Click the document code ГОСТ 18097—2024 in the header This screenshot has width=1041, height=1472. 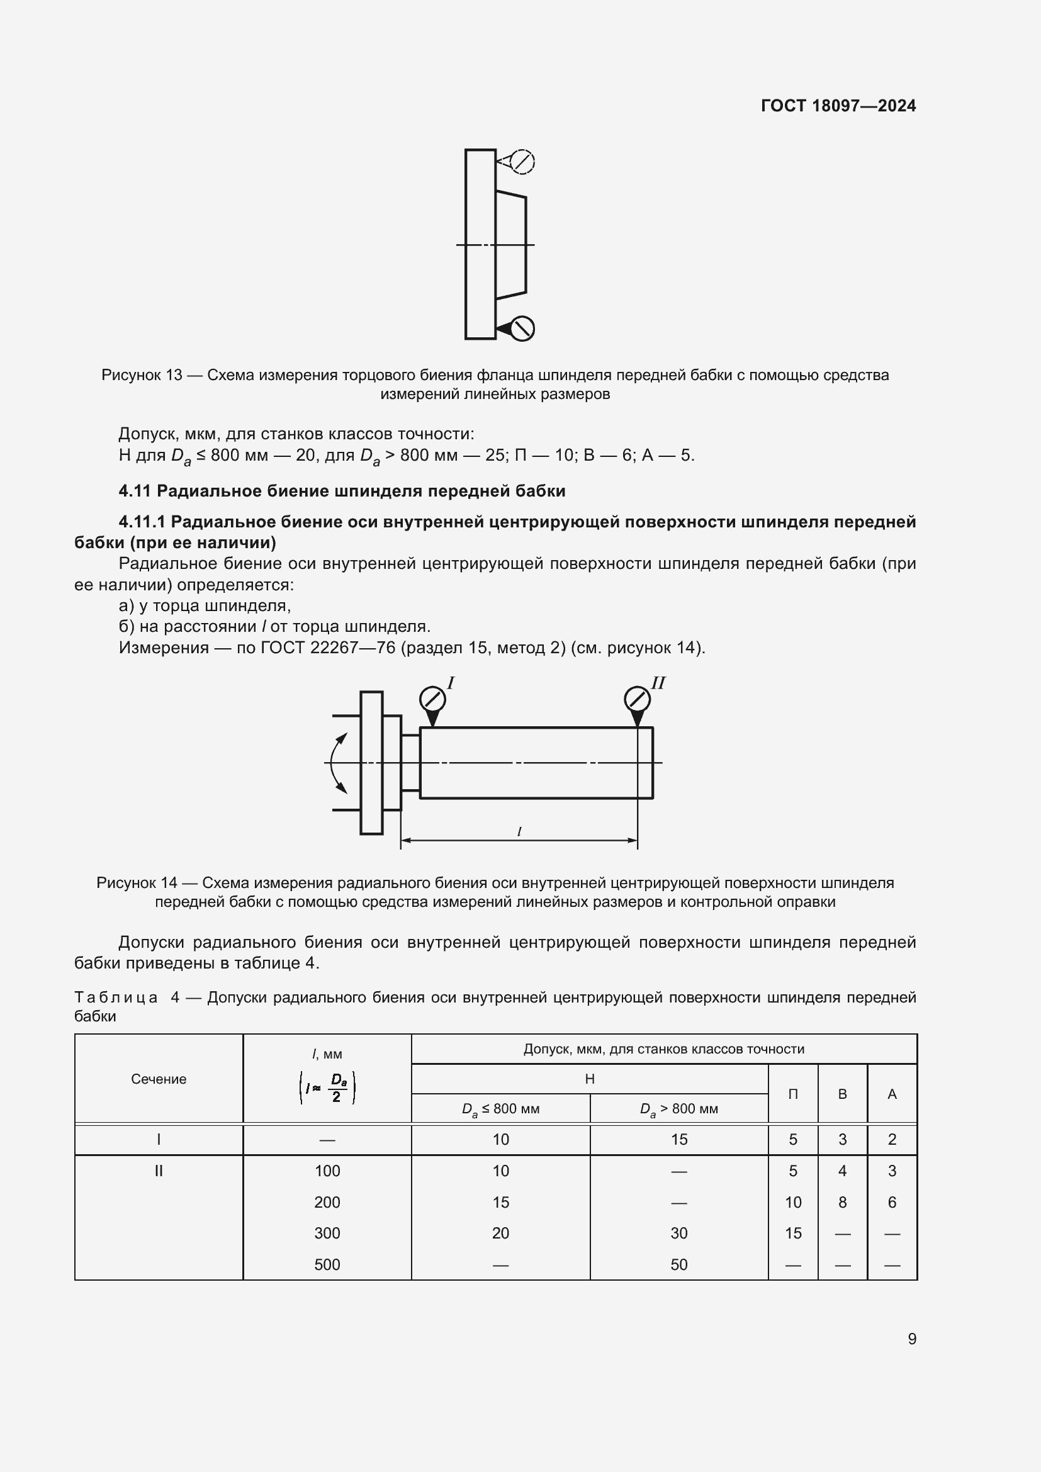[838, 106]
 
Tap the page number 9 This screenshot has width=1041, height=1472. [911, 1339]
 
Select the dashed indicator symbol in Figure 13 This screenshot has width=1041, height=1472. [522, 161]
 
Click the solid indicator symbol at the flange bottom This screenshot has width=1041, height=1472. [522, 329]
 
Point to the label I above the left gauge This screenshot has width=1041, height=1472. [451, 683]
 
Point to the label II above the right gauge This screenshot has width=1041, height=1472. [658, 683]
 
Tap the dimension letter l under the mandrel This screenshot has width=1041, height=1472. [519, 832]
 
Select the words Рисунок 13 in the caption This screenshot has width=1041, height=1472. [142, 375]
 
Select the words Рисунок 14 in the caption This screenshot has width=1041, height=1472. [137, 883]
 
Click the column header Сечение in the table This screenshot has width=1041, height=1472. [159, 1079]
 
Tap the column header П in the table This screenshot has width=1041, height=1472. [793, 1094]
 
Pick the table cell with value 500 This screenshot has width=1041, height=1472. [327, 1264]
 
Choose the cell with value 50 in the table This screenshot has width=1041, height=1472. [679, 1264]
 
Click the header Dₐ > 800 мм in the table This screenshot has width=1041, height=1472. [679, 1109]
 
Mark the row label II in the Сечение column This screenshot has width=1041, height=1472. [159, 1171]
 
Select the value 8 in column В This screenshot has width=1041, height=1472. [842, 1202]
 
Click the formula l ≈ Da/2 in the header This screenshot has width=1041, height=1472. [327, 1088]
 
